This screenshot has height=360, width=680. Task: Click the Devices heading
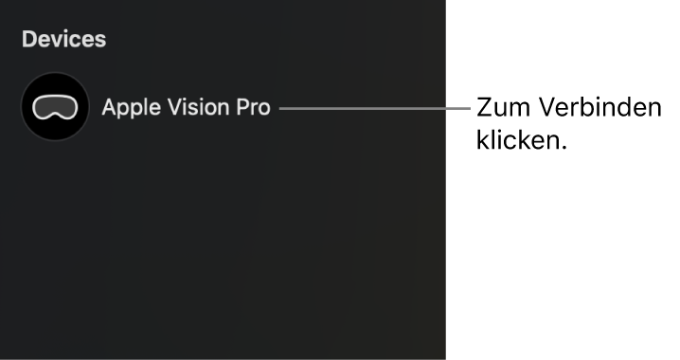64,40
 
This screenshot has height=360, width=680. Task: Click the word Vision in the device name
193,107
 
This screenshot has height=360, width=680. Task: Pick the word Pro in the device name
252,107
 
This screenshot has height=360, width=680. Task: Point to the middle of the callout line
375,107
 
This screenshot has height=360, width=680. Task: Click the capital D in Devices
28,40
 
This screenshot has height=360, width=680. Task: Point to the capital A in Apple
109,107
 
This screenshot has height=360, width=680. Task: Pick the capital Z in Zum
483,108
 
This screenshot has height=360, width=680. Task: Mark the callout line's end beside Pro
281,107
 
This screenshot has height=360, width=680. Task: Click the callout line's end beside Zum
468,107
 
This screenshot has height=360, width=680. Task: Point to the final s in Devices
101,41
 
